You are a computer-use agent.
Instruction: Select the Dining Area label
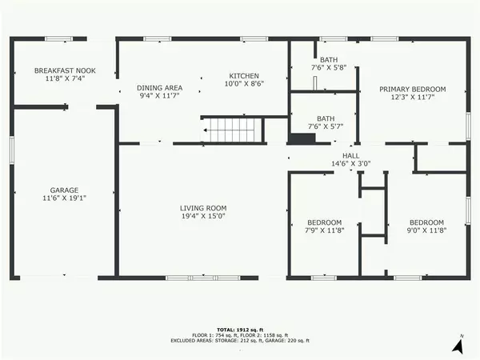(x=160, y=87)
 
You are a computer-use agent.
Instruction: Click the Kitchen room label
(x=244, y=74)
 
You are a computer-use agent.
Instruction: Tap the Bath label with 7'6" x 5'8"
(x=328, y=60)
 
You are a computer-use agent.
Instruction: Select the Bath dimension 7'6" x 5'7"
(x=326, y=126)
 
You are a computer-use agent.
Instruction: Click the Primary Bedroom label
(x=412, y=89)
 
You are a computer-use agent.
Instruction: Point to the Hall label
(x=351, y=155)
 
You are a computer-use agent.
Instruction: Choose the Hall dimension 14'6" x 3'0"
(x=351, y=163)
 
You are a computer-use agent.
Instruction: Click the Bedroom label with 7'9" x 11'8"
(x=325, y=222)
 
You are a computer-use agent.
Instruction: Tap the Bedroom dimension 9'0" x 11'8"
(x=426, y=230)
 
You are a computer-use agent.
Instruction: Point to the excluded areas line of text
(x=240, y=342)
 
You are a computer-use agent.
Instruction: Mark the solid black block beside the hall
(x=302, y=139)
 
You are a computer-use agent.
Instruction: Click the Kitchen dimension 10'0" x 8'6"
(x=244, y=82)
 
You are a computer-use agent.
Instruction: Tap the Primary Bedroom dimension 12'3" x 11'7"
(x=412, y=97)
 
